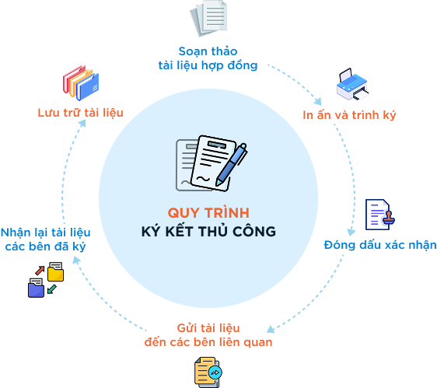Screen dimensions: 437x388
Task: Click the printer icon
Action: [353, 84]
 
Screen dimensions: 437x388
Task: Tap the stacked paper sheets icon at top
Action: [208, 18]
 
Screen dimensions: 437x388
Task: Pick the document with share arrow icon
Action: [208, 372]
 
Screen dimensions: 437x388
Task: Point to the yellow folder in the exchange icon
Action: [56, 272]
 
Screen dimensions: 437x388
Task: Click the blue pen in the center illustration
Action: [231, 165]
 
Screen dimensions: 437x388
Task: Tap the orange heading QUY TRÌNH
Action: [208, 213]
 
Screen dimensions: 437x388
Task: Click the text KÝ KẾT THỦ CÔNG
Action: [208, 232]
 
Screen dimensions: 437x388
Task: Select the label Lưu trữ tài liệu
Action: [81, 113]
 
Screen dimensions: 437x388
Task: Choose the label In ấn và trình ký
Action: [349, 115]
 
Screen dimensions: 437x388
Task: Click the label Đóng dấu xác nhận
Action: [380, 245]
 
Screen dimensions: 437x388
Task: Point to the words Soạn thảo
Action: [208, 51]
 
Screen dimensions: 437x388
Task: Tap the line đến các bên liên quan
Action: [208, 342]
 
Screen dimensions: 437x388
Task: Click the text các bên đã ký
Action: [45, 246]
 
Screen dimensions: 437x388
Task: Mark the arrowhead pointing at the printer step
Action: [318, 101]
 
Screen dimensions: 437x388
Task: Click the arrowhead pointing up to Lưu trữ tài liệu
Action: [82, 124]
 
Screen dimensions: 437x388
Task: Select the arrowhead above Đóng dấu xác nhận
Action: [351, 232]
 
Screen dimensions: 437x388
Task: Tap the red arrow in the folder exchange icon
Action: [40, 271]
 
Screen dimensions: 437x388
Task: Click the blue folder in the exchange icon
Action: [36, 288]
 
